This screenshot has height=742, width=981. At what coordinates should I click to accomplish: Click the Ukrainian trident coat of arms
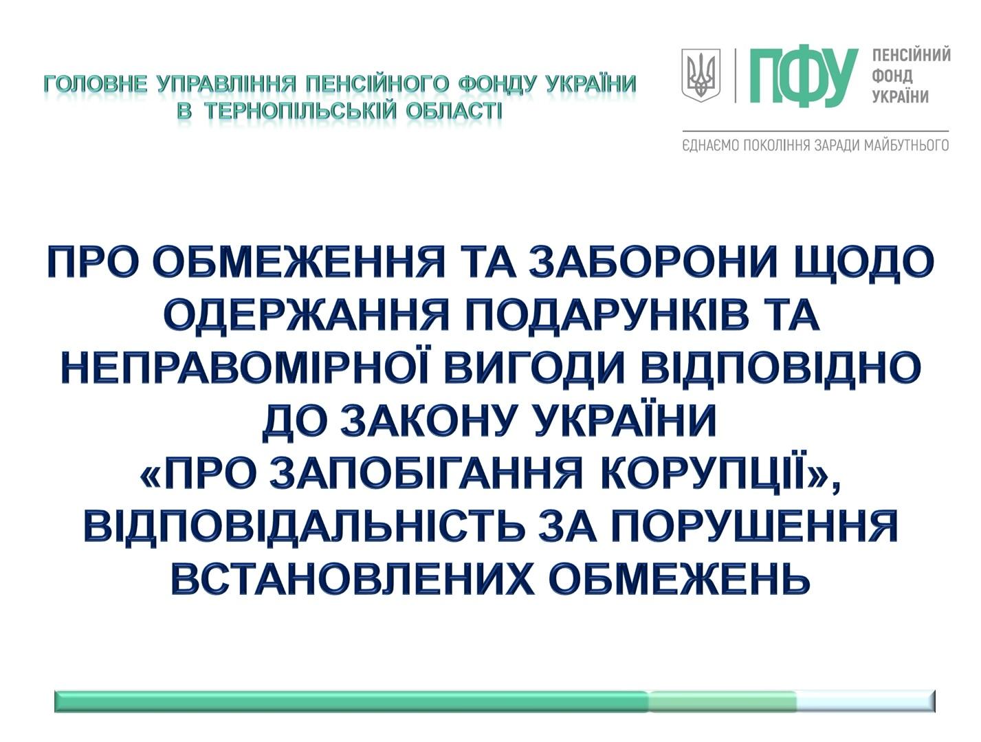701,75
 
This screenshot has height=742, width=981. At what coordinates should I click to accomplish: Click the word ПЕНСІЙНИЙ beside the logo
912,56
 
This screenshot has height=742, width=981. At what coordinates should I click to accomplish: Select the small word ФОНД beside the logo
892,76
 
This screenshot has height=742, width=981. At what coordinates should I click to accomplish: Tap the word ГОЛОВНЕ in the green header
95,84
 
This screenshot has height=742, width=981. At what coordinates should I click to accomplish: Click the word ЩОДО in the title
866,264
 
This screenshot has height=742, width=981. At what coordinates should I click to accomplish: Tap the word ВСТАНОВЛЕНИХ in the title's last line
352,576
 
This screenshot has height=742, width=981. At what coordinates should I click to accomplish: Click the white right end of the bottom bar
866,701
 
